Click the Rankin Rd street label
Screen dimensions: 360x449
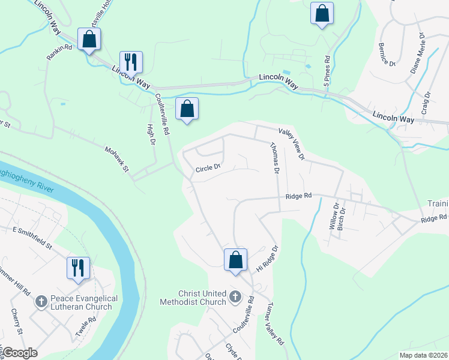(60, 52)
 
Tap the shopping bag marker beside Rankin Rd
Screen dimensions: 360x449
(89, 40)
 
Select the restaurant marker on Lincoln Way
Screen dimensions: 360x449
(131, 62)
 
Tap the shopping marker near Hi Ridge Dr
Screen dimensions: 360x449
(235, 260)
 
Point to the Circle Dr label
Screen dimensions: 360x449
(209, 169)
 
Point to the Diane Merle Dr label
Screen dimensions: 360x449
(418, 57)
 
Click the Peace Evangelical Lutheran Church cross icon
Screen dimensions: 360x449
(41, 299)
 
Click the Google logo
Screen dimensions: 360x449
(19, 352)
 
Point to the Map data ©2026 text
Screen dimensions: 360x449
(423, 355)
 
